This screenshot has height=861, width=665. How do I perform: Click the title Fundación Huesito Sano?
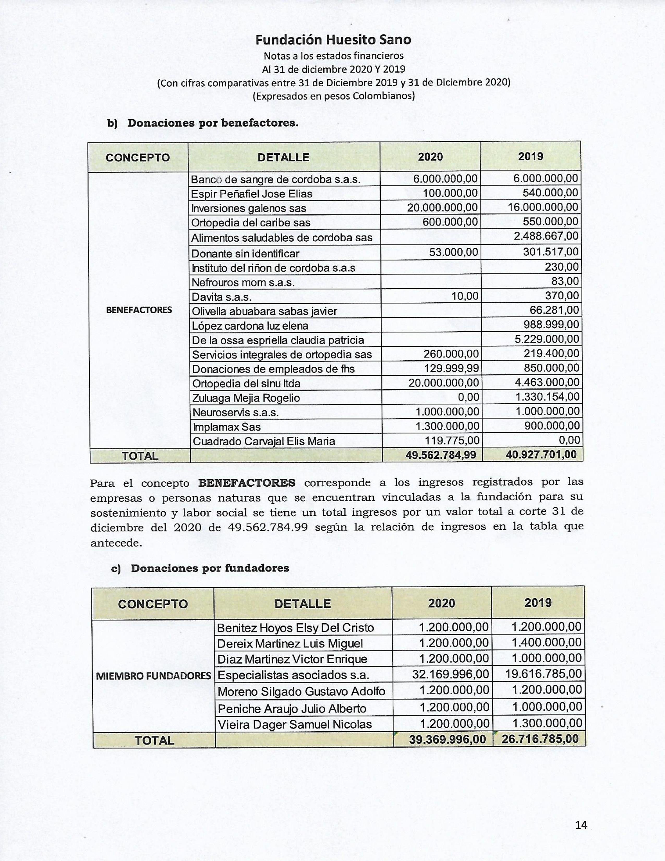click(x=333, y=40)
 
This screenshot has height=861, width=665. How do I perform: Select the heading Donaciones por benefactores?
click(x=213, y=123)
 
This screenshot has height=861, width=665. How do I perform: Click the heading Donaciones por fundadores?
click(x=210, y=568)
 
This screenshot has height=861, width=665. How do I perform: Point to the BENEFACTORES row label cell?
click(x=139, y=310)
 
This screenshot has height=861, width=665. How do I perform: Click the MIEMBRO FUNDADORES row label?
click(x=154, y=676)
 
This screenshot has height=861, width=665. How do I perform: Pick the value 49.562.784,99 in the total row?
click(x=441, y=455)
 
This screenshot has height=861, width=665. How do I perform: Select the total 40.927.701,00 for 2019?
click(x=541, y=455)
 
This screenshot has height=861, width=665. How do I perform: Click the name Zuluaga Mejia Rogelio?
click(x=246, y=398)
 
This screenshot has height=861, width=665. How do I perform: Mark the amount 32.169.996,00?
click(x=450, y=674)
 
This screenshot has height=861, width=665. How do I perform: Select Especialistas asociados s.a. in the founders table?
click(x=293, y=675)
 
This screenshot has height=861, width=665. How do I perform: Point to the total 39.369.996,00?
click(x=448, y=739)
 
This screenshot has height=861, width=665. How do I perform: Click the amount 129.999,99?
click(x=451, y=368)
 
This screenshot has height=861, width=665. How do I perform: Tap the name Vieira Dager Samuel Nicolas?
click(x=295, y=724)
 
